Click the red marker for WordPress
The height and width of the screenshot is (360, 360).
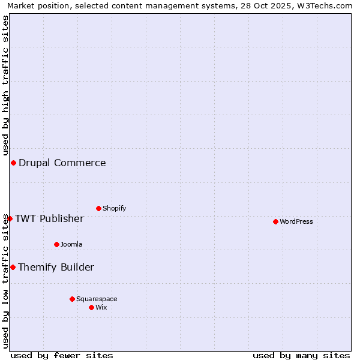click(x=275, y=221)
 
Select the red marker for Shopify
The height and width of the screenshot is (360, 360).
click(x=98, y=208)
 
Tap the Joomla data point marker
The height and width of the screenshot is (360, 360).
click(x=56, y=244)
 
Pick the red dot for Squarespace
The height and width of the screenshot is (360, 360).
click(x=72, y=299)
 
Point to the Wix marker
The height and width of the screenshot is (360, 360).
click(x=91, y=307)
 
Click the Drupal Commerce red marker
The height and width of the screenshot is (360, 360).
click(x=13, y=163)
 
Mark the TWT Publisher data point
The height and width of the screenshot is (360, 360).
click(x=10, y=218)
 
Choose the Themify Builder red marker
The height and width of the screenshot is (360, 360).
click(x=13, y=267)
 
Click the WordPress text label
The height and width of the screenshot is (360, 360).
click(x=296, y=221)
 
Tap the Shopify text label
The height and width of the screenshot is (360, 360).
click(x=114, y=208)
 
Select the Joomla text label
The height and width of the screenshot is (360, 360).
click(x=71, y=244)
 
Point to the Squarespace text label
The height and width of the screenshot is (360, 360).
click(x=97, y=299)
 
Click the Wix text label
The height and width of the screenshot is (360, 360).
click(x=101, y=307)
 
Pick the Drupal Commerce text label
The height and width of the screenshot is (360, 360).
click(x=62, y=163)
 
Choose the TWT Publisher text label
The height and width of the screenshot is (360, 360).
click(x=49, y=218)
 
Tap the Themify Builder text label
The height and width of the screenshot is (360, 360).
click(x=56, y=267)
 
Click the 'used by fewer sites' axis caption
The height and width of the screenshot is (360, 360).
click(x=62, y=355)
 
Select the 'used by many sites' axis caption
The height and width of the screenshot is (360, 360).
click(x=301, y=355)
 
